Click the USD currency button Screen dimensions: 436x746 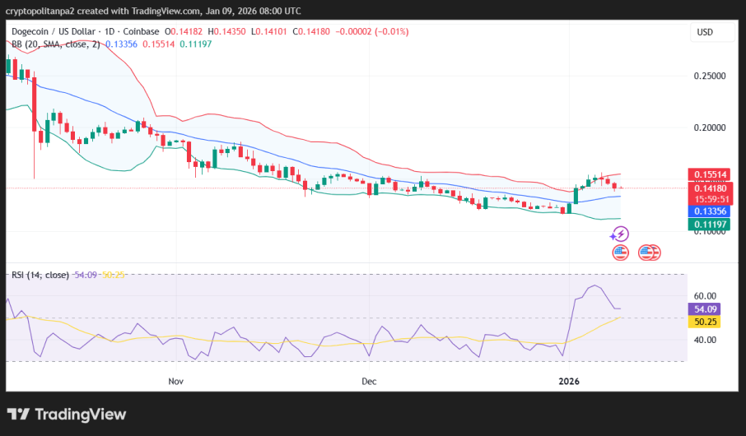coord(705,32)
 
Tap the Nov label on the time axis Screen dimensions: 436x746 coord(175,382)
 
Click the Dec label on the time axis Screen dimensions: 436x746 coord(369,382)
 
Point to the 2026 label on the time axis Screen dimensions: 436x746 coord(569,382)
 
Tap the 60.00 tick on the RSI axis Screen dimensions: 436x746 coord(705,295)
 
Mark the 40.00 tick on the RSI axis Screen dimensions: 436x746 coord(705,339)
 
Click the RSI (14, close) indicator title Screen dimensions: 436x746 coord(40,275)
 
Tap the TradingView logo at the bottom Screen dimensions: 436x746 coord(67,415)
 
